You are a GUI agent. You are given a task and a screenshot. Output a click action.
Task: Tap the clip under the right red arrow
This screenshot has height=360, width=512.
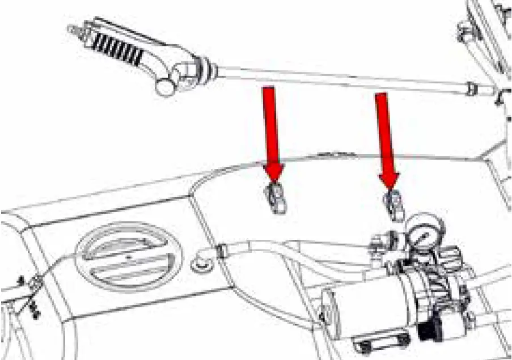393,205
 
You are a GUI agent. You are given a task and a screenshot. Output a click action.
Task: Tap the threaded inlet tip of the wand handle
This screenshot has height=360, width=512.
74,28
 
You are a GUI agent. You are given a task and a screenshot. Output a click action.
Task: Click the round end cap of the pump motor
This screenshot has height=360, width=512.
329,309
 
